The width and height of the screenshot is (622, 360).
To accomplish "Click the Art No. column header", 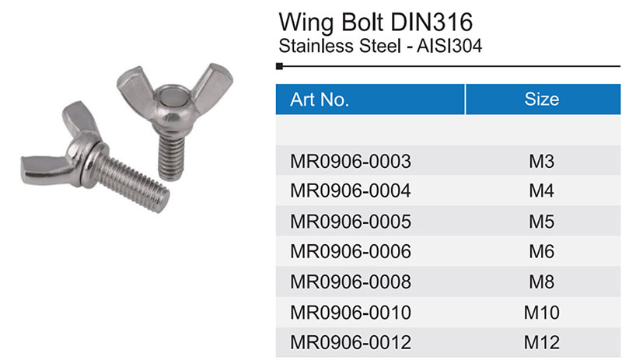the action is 320,100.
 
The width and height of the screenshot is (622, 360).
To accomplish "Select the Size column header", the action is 542,100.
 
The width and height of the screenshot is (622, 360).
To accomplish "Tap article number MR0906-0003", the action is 351,161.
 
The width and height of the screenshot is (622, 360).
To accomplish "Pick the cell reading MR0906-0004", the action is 351,191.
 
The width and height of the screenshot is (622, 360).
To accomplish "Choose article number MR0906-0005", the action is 351,222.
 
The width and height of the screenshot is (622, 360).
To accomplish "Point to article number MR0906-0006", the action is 351,252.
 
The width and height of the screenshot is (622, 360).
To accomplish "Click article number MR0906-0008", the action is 351,281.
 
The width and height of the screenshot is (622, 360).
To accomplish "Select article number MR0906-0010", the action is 351,313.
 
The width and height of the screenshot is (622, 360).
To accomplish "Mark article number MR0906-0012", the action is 351,343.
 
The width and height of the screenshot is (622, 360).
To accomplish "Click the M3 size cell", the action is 542,161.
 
